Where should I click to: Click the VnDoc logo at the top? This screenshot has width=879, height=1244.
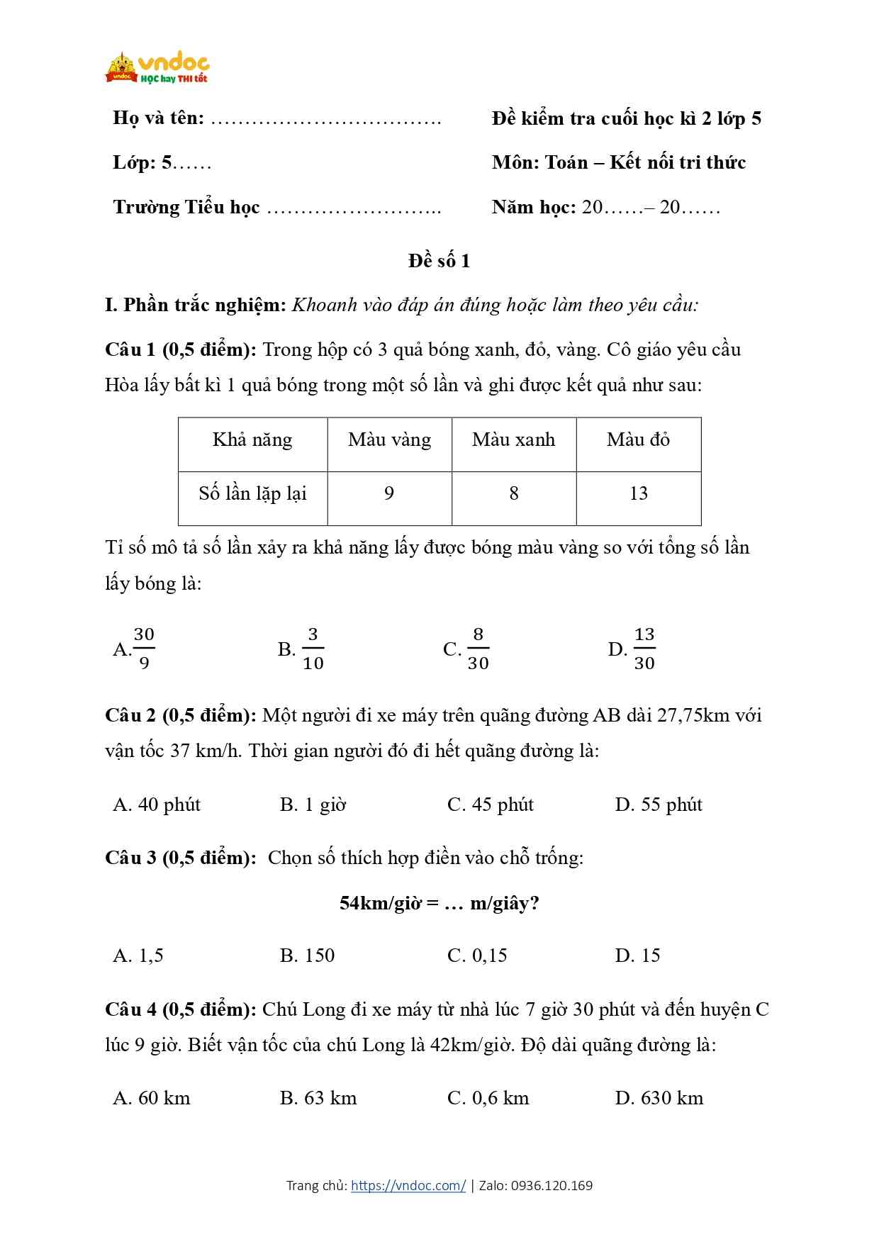157,68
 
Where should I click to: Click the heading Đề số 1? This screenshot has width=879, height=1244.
439,261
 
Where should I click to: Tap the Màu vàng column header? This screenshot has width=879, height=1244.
389,440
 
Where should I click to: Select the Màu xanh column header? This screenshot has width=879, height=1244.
513,440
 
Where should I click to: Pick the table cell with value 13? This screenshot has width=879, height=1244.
638,494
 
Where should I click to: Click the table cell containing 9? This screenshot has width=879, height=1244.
389,494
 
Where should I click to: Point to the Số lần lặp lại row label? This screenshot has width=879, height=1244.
252,494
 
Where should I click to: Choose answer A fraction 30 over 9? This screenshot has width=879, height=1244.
135,649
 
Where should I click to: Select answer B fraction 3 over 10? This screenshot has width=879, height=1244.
302,649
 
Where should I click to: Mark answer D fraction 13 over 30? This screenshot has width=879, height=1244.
632,649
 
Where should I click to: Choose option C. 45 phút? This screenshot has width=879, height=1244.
490,805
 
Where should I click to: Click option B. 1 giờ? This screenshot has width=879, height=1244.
313,805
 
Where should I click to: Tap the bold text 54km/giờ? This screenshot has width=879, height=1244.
380,903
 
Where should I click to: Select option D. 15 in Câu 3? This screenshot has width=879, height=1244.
637,956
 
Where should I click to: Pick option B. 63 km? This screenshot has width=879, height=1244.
318,1098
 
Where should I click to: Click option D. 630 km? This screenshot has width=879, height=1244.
659,1098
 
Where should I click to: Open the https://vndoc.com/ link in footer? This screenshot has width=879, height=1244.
408,1185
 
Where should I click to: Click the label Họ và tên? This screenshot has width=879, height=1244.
158,118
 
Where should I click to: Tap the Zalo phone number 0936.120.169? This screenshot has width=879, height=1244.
552,1185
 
